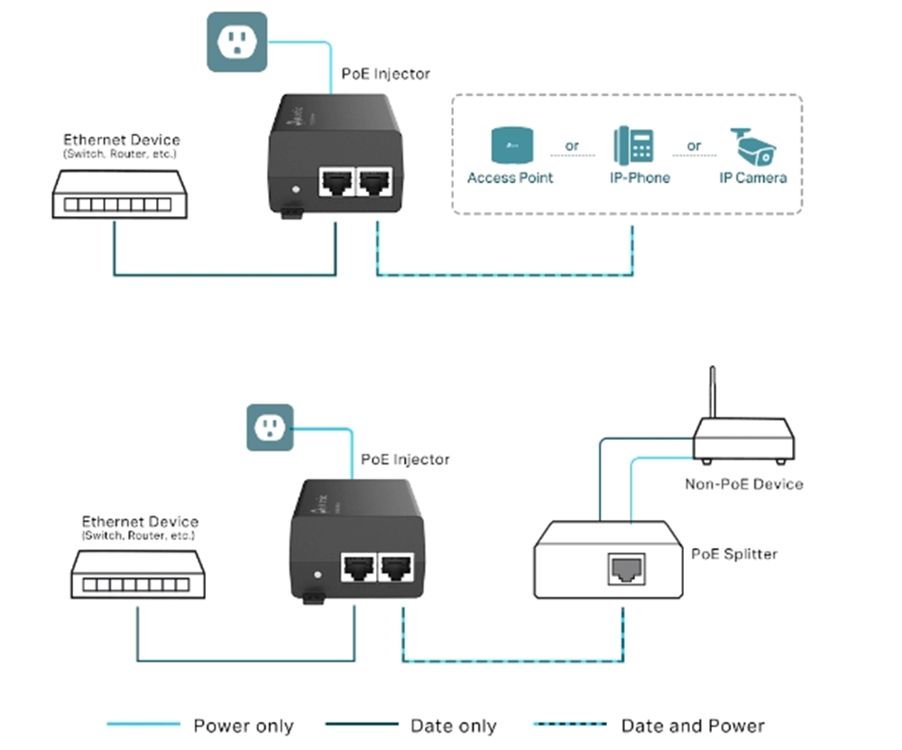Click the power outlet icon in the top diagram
click(237, 41)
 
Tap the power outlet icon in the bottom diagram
click(270, 427)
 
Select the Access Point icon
click(509, 144)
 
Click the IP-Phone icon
click(633, 144)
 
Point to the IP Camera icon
click(753, 144)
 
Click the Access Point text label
click(510, 178)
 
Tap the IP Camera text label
click(752, 178)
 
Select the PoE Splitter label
click(733, 553)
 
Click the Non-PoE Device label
click(743, 484)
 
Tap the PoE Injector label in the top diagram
click(386, 73)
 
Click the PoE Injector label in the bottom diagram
click(405, 460)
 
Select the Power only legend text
click(244, 726)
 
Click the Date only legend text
click(453, 726)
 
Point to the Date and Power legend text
click(693, 726)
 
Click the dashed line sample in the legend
click(570, 724)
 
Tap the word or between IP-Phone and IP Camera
click(694, 145)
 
